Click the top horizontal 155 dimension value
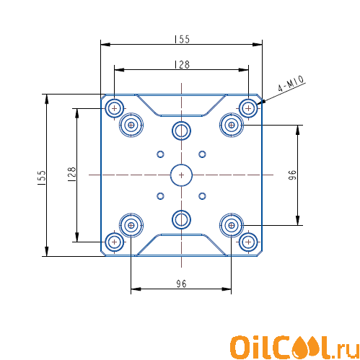pos(182,39)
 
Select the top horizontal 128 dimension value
pos(182,64)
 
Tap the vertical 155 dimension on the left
pos(42,177)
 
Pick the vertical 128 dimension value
pos(71,174)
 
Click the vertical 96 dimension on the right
pos(292,175)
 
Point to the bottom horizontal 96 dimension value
pos(181,284)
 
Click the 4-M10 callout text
pos(291,84)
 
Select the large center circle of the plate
pos(181,175)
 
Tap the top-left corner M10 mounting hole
pos(115,108)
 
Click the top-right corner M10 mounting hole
pos(248,108)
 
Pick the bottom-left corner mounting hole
pos(115,242)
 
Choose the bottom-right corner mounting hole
pos(248,242)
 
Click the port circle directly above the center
pos(181,131)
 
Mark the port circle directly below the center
pos(181,219)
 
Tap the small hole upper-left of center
pos(160,154)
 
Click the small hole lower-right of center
pos(202,196)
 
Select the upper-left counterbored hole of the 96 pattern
pos(131,125)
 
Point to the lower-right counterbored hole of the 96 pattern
pos(232,225)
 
